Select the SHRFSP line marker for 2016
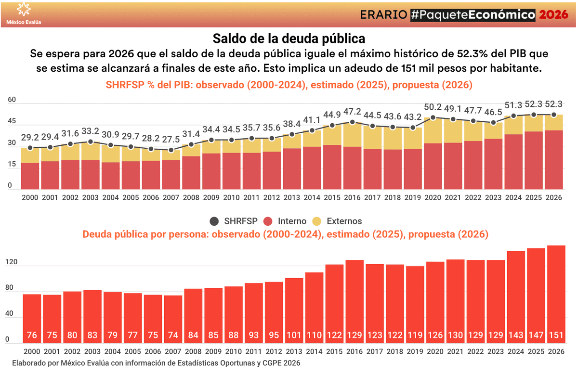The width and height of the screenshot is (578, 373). [x=352, y=122]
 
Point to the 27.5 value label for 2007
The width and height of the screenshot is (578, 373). [x=171, y=140]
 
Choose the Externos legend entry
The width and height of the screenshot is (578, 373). [x=338, y=221]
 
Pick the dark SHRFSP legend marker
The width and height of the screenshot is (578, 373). [x=214, y=221]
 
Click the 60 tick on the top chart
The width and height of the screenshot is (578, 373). [x=12, y=100]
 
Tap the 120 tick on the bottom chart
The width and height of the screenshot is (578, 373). [x=11, y=263]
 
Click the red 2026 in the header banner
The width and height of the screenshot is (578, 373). [x=553, y=14]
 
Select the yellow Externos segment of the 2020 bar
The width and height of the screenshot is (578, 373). [x=433, y=130]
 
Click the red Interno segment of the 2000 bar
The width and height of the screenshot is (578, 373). [x=30, y=176]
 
